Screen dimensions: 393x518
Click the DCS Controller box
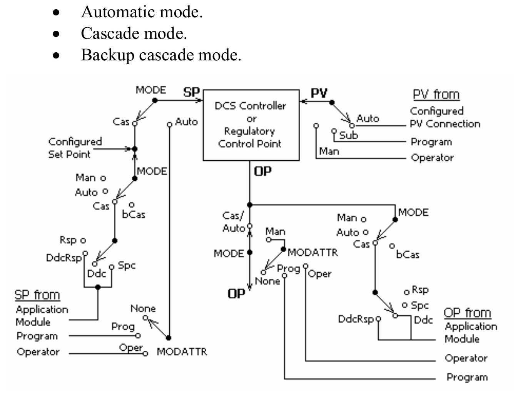point(251,125)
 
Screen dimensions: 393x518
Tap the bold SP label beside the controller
point(191,92)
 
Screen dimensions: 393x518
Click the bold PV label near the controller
point(319,93)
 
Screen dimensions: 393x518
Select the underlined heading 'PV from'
point(436,94)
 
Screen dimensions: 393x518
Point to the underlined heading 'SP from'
point(37,295)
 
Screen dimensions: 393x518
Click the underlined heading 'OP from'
point(467,313)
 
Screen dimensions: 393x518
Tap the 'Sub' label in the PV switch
point(348,135)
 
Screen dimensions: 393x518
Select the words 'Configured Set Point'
point(75,148)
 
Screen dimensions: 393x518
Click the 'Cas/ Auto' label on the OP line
point(233,222)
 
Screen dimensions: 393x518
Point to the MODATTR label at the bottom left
point(182,351)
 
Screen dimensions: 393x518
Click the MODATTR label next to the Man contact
point(312,252)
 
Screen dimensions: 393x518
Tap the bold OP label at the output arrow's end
point(236,294)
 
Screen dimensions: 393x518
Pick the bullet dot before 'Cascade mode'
point(57,34)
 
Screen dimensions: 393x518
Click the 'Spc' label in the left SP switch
point(127,265)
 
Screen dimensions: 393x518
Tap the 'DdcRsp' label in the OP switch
point(356,319)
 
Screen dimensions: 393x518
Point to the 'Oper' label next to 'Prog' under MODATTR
point(319,274)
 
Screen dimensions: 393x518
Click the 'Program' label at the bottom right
point(467,377)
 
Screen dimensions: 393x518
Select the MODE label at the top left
point(150,90)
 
